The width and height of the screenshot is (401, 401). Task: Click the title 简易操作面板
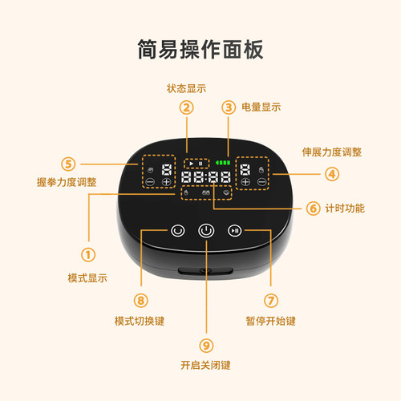pos(200,47)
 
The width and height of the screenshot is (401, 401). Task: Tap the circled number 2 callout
pos(187,107)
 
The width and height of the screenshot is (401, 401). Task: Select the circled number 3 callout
pos(229,107)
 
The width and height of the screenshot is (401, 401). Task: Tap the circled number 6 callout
pos(313,208)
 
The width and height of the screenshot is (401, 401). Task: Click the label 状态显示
pos(186,87)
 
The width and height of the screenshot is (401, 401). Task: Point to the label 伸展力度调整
pos(331,152)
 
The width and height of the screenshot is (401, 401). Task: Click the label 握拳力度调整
pos(67,182)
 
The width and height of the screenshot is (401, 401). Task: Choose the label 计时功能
pos(346,209)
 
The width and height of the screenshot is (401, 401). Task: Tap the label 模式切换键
pos(141,321)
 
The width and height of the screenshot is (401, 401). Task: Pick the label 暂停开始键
pos(271,321)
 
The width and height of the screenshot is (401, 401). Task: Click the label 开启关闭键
pos(207,366)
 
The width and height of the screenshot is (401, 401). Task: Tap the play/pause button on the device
pos(234,231)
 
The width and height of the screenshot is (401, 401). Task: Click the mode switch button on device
pos(177,231)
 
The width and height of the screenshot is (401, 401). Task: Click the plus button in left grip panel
pos(167,183)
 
